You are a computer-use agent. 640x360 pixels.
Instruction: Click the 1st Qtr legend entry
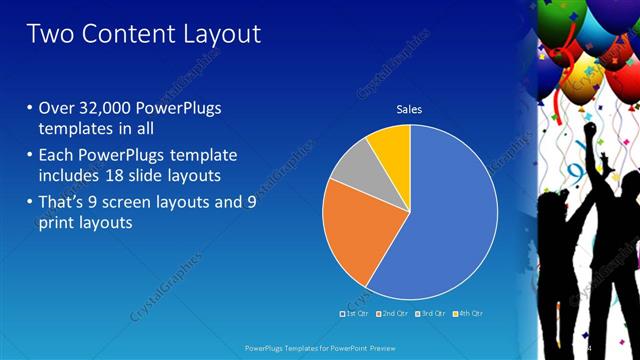(355, 314)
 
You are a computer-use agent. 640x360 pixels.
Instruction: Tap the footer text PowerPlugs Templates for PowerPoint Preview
(319, 348)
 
